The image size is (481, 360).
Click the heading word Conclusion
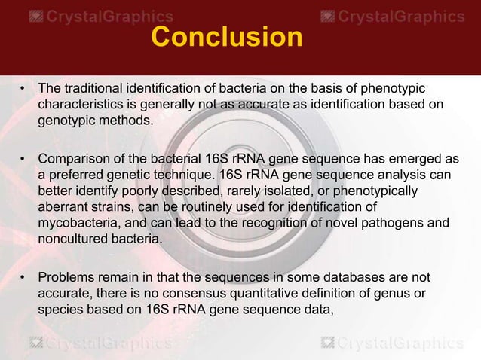pos(226,36)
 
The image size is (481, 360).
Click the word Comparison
pos(75,159)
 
